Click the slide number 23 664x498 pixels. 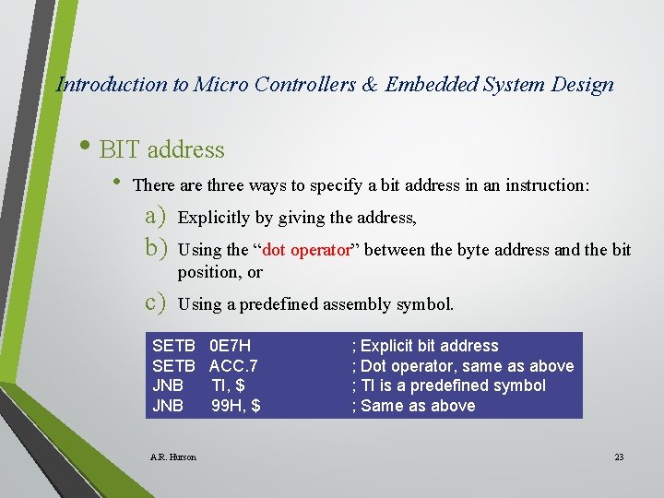pyautogui.click(x=619, y=457)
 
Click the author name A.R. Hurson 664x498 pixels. pyautogui.click(x=172, y=457)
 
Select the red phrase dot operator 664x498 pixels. pyautogui.click(x=309, y=250)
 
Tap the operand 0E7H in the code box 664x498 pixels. pyautogui.click(x=230, y=346)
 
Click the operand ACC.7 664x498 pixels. pyautogui.click(x=233, y=366)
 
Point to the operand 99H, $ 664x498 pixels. pyautogui.click(x=235, y=406)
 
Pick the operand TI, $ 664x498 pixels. pyautogui.click(x=228, y=385)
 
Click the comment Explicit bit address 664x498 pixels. pyautogui.click(x=425, y=346)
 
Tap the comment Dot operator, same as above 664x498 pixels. pyautogui.click(x=463, y=366)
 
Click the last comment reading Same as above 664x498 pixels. pyautogui.click(x=414, y=406)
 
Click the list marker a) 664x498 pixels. pyautogui.click(x=154, y=217)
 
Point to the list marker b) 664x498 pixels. pyautogui.click(x=154, y=248)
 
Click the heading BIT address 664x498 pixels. pyautogui.click(x=161, y=149)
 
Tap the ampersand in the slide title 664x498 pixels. pyautogui.click(x=369, y=85)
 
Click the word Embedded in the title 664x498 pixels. pyautogui.click(x=431, y=85)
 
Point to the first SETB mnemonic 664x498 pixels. pyautogui.click(x=173, y=346)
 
